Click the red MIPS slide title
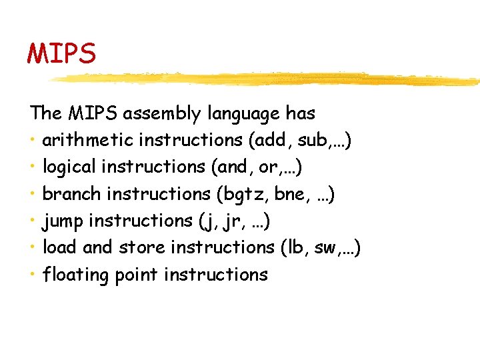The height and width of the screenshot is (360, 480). tap(61, 53)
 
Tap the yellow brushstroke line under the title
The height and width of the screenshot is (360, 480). tap(267, 79)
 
